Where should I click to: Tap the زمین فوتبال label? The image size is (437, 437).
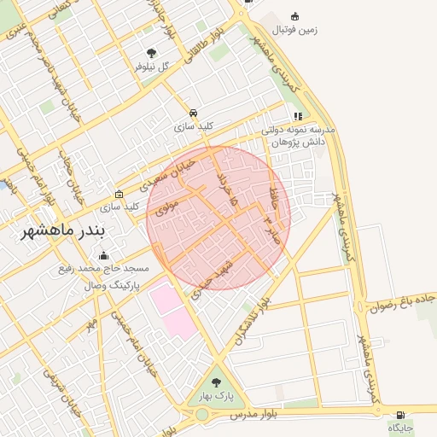(x=294, y=30)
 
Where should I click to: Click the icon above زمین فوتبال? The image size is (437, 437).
(x=295, y=16)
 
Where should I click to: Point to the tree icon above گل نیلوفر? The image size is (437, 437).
(x=152, y=53)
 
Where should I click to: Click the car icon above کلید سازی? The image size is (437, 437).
(x=194, y=114)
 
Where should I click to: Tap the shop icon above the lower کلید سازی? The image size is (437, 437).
(x=119, y=194)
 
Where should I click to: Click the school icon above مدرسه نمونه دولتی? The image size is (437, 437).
(x=297, y=116)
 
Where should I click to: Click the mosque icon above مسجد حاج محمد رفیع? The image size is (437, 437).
(x=104, y=254)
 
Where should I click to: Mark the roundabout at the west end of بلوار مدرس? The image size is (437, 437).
(x=201, y=415)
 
